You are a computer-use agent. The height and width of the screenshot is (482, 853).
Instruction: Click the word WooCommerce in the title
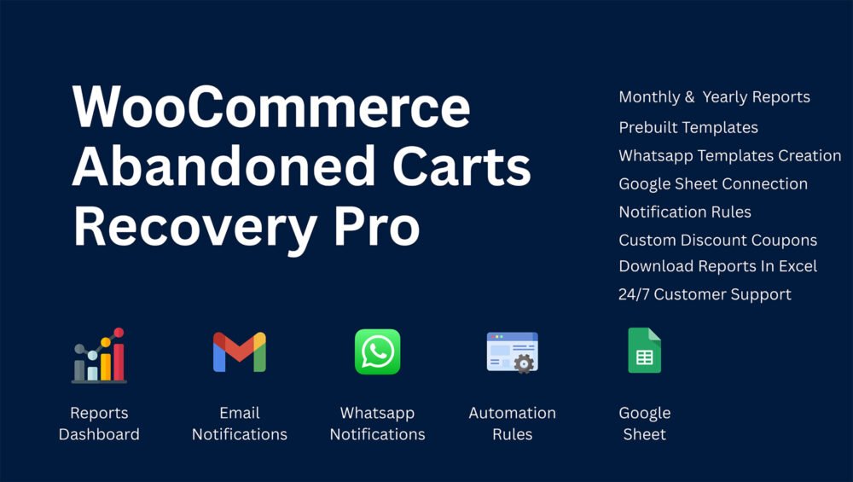pos(271,107)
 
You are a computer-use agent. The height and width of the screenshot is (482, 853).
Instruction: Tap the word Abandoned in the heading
pos(223,166)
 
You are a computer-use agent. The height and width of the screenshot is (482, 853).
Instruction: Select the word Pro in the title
pos(376,226)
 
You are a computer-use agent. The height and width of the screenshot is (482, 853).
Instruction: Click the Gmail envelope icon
pos(240,352)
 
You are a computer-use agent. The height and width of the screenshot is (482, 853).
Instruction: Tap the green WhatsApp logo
pos(378,351)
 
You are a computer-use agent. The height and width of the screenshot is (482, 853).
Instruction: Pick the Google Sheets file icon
pos(645,351)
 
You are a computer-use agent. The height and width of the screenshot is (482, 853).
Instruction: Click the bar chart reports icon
pos(99,355)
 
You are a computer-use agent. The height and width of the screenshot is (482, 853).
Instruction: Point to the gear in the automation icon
pos(524,363)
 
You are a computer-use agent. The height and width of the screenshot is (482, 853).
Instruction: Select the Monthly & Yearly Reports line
pos(714,97)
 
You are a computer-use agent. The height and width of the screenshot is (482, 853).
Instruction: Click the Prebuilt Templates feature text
pos(688,127)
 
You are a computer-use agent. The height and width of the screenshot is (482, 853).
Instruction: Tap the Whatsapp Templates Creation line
pos(730,155)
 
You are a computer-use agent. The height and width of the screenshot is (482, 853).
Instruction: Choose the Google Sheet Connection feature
pos(712,184)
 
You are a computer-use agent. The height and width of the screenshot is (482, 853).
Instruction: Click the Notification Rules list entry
pos(685,212)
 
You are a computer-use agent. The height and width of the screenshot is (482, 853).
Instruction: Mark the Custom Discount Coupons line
pos(717,240)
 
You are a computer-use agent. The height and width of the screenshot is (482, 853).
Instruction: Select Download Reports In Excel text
pos(717,266)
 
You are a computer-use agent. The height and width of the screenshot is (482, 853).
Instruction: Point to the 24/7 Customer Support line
pos(705,294)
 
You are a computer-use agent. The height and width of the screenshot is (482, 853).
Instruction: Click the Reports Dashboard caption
pos(99,423)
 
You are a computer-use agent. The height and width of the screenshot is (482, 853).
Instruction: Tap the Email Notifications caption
pos(240,423)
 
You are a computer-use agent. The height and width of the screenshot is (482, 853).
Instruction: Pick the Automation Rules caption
pos(512,423)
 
